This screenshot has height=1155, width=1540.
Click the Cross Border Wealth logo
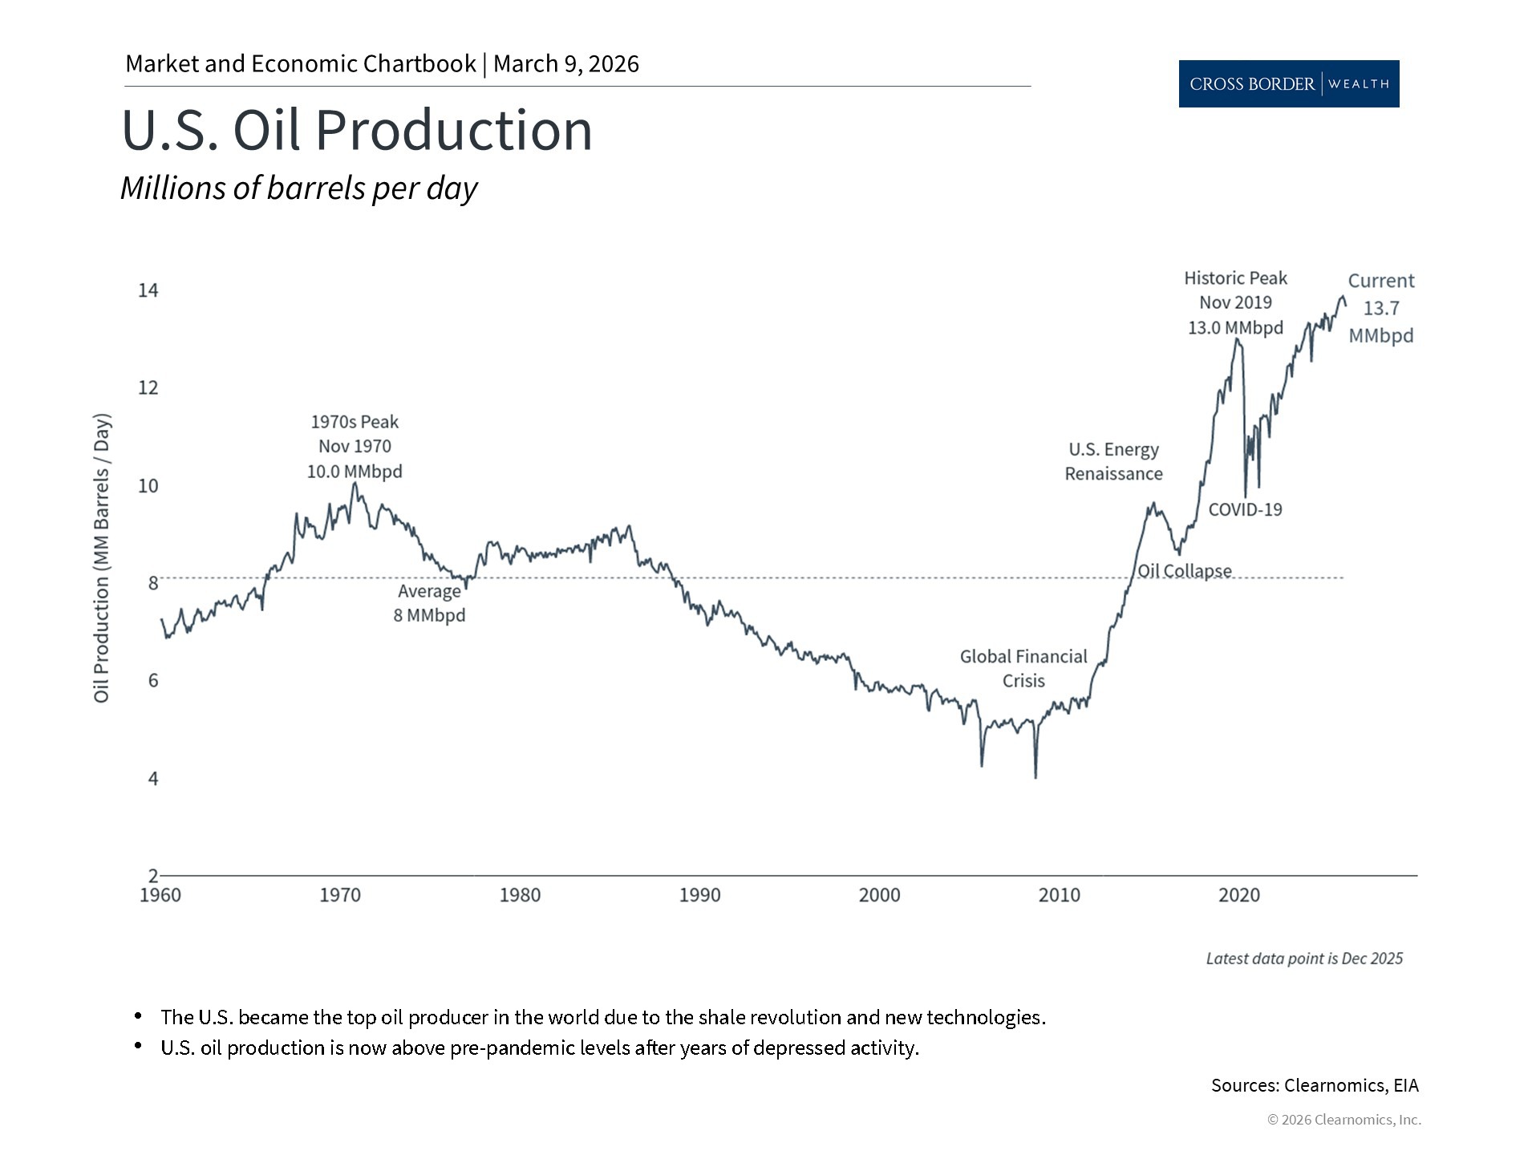pyautogui.click(x=1288, y=83)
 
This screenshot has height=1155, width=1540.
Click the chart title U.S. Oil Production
pyautogui.click(x=357, y=131)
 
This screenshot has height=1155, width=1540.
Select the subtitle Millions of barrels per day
pyautogui.click(x=298, y=188)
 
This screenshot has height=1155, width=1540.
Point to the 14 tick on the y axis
pyautogui.click(x=148, y=290)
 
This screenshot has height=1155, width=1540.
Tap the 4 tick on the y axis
pyautogui.click(x=153, y=779)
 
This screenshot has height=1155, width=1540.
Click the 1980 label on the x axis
pyautogui.click(x=520, y=895)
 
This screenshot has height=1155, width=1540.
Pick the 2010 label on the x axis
pyautogui.click(x=1059, y=895)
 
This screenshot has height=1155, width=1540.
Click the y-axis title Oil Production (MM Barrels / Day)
pyautogui.click(x=102, y=558)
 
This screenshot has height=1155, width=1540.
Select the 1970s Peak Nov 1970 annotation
pyautogui.click(x=355, y=446)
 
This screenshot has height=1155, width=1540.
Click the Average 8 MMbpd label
pyautogui.click(x=429, y=603)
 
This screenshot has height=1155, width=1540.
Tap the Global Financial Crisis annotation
pyautogui.click(x=1023, y=668)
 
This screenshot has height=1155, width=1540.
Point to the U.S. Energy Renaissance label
pyautogui.click(x=1113, y=461)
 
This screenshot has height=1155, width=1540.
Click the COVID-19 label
pyautogui.click(x=1245, y=509)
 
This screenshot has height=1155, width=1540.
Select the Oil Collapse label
pyautogui.click(x=1185, y=571)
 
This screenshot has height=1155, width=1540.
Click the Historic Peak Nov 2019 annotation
pyautogui.click(x=1235, y=302)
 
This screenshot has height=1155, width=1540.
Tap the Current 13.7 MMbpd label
pyautogui.click(x=1380, y=308)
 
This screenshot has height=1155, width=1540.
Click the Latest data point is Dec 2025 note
pyautogui.click(x=1304, y=958)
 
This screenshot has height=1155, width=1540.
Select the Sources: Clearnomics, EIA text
pyautogui.click(x=1315, y=1085)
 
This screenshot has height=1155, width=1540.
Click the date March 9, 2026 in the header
pyautogui.click(x=566, y=64)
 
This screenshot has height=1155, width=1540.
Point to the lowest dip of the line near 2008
pyautogui.click(x=1035, y=776)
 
